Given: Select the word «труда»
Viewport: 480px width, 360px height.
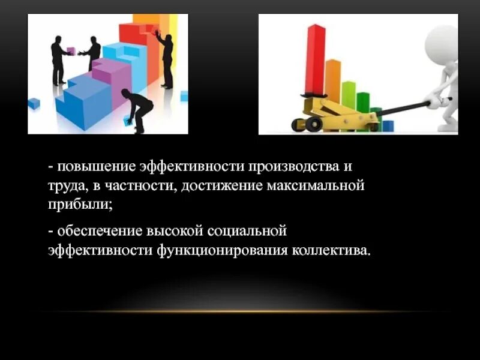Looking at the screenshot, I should click(67, 185).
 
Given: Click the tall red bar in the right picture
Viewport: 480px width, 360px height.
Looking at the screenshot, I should click(314, 60).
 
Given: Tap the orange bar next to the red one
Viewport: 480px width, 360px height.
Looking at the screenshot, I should click(332, 78).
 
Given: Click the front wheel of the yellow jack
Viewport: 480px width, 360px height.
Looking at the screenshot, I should click(313, 124).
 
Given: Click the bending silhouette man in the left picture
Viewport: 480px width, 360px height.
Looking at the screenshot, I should click(137, 108).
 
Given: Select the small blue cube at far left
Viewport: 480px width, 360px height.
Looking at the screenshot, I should click(34, 103).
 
